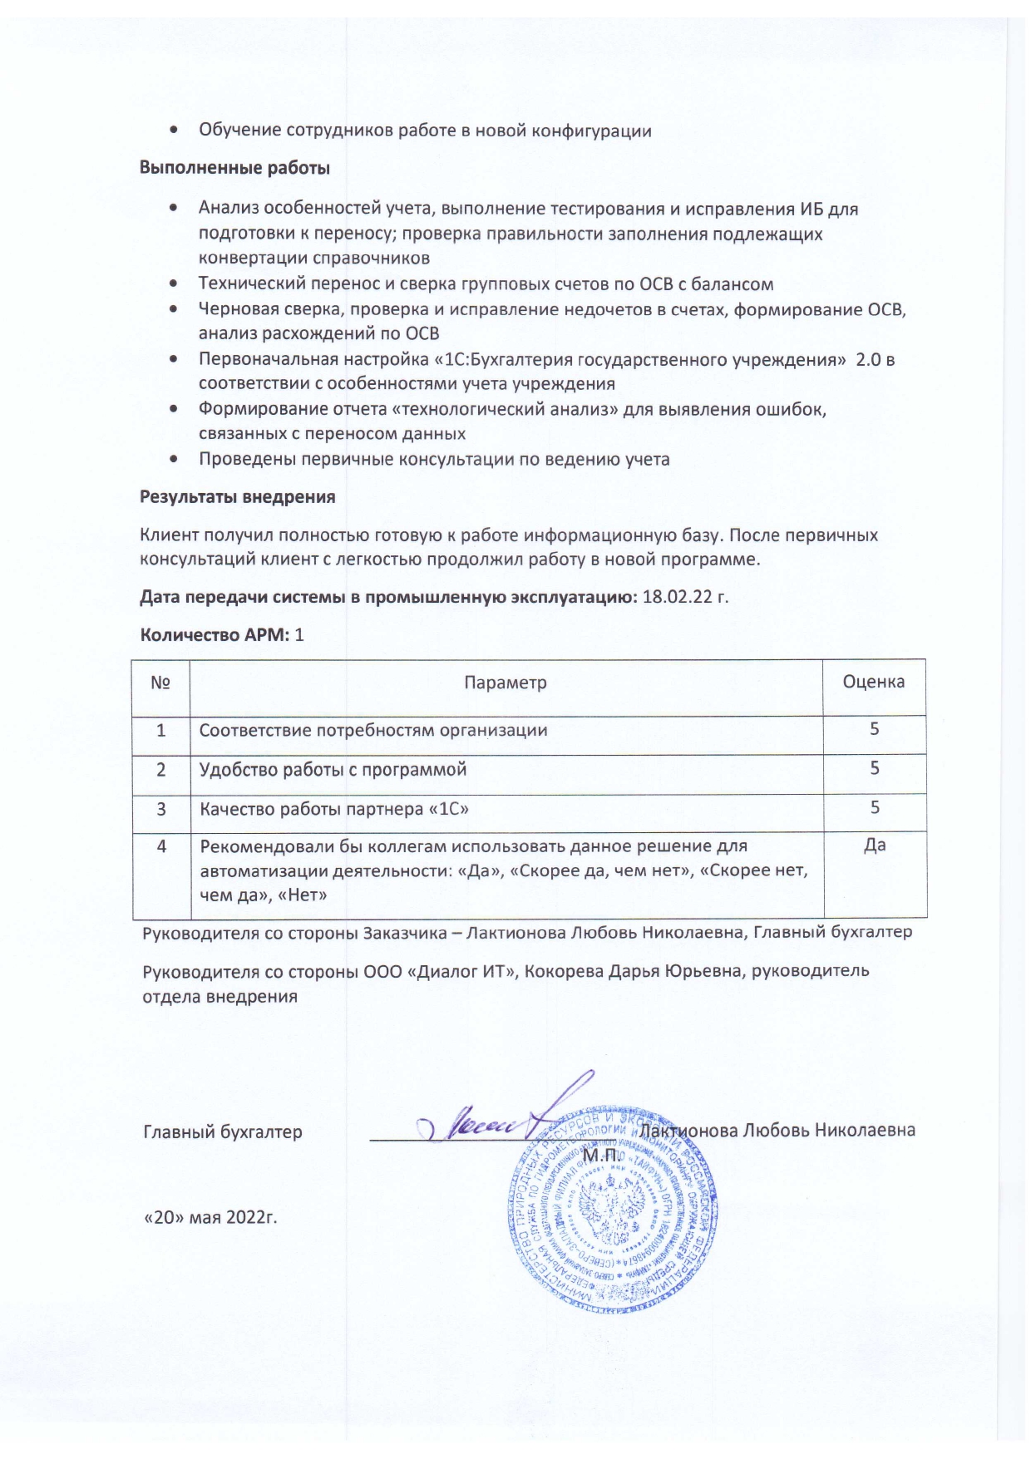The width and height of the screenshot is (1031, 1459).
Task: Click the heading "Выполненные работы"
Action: (x=234, y=168)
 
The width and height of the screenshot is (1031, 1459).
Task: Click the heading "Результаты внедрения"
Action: (x=237, y=497)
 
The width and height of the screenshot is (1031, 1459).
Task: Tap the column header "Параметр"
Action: (x=506, y=683)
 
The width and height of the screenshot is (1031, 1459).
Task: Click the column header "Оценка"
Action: (x=873, y=682)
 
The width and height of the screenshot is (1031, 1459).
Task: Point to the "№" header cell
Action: (x=160, y=683)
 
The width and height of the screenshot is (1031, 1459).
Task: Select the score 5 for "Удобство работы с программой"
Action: (x=875, y=768)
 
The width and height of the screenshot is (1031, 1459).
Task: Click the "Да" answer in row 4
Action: (x=875, y=845)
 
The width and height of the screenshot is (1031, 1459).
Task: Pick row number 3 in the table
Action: (x=160, y=808)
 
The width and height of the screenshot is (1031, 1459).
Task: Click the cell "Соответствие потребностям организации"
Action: (x=373, y=731)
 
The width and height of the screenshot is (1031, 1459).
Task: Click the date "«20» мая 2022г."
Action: (x=210, y=1218)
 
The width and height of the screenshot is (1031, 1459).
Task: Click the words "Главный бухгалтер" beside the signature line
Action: (x=223, y=1131)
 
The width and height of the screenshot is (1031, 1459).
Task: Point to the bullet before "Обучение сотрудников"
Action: (x=172, y=131)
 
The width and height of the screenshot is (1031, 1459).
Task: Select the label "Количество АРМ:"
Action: (x=215, y=635)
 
